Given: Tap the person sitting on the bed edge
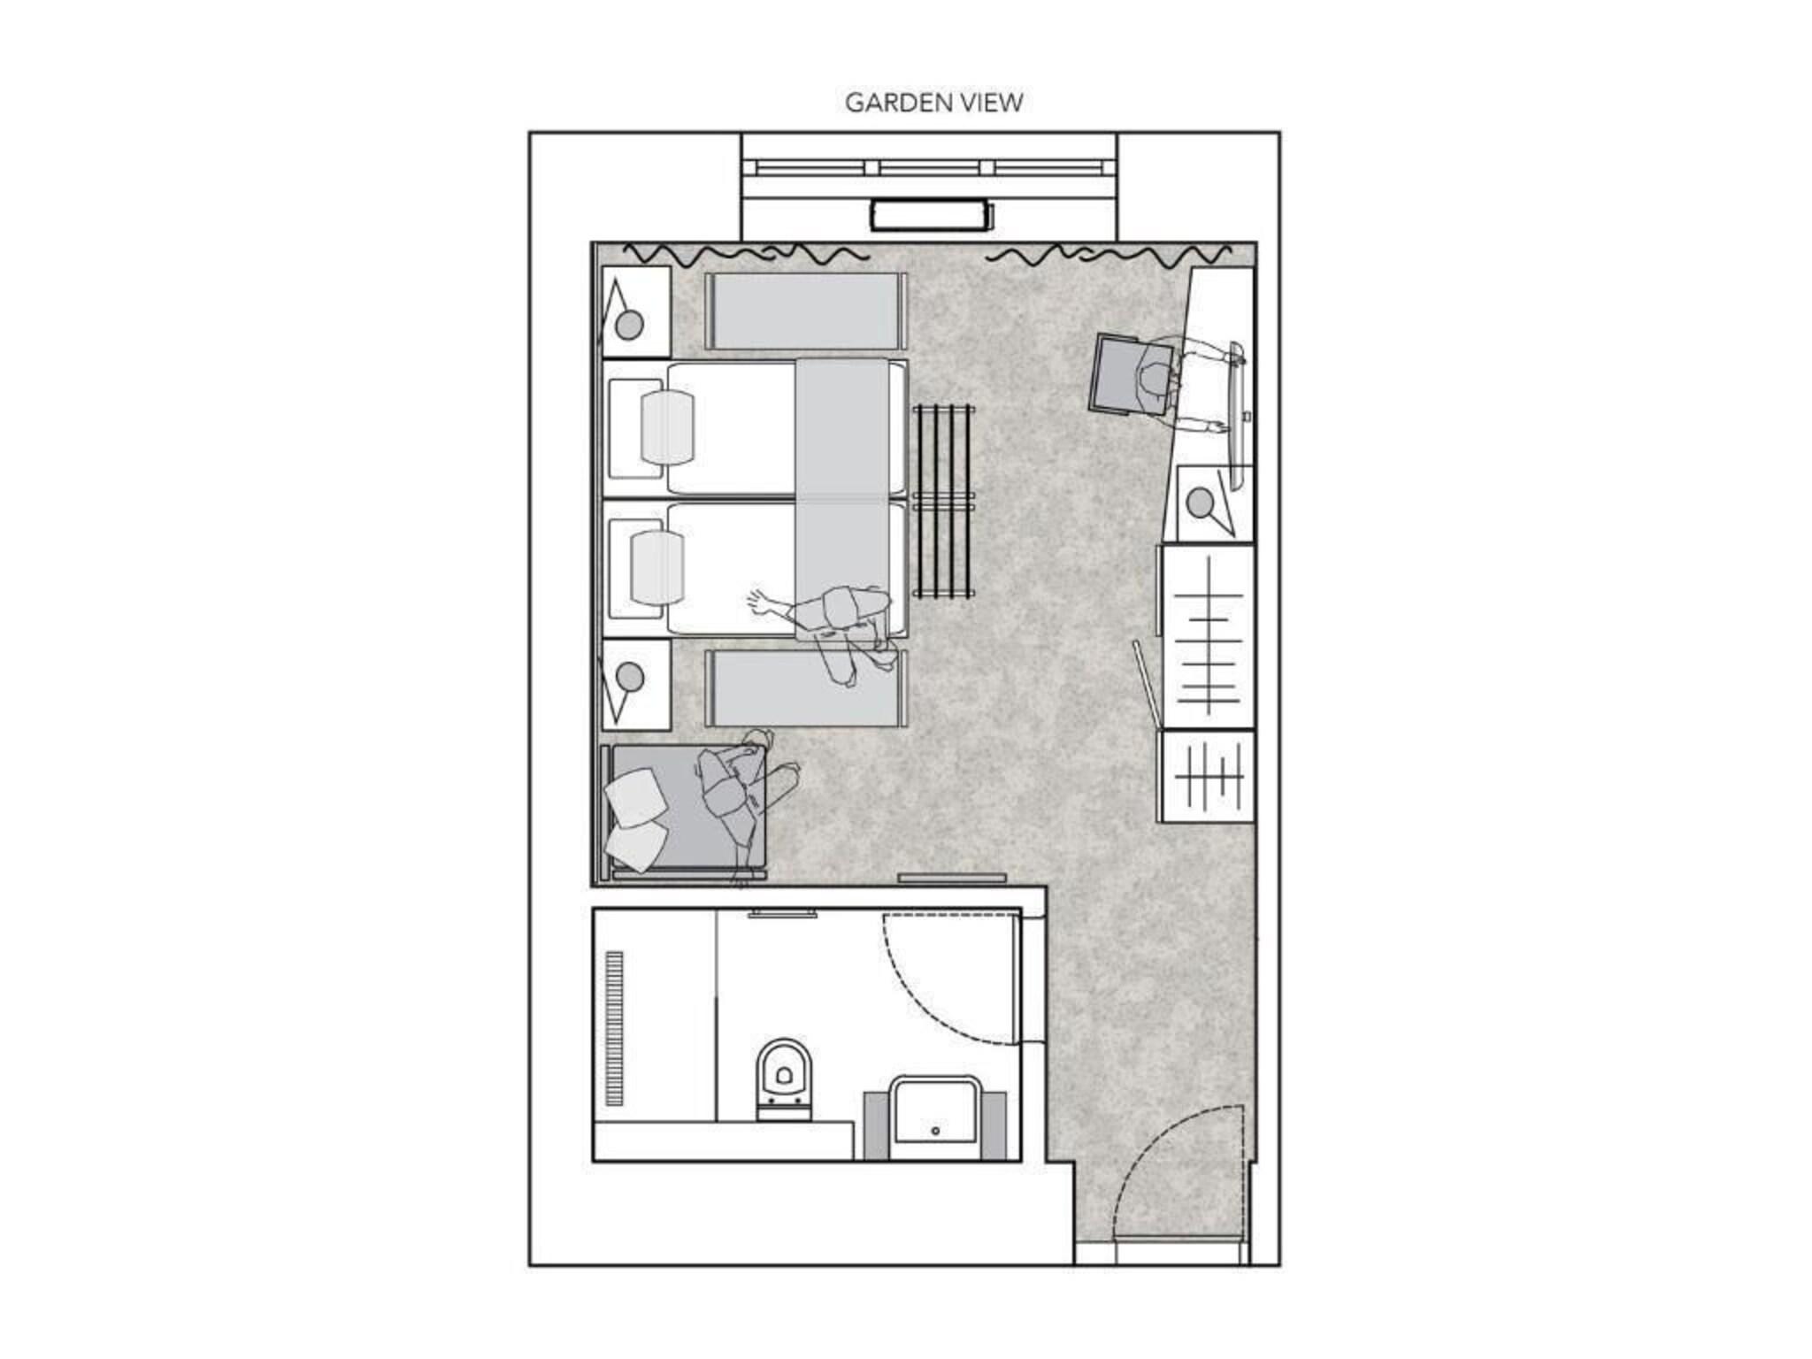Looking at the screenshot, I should (841, 628).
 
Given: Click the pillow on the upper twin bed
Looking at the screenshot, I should (667, 426).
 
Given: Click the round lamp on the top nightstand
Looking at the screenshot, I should (629, 326).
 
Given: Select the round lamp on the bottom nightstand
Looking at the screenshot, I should (629, 678).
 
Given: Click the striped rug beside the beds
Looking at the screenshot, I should (944, 501).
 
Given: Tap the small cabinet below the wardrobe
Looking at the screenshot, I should (1208, 775).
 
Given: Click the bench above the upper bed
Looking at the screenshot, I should (805, 311).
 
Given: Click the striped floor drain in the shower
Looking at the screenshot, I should (614, 1027).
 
